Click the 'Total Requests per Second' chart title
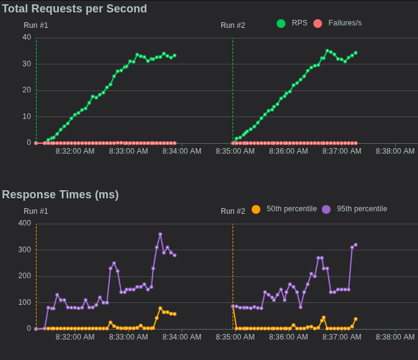[74, 9]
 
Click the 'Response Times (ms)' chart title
[60, 195]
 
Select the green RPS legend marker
[281, 24]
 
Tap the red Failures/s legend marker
[318, 24]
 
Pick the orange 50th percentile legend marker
[256, 209]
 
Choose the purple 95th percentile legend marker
[326, 209]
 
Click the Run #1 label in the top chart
[36, 25]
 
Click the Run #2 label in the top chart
[233, 25]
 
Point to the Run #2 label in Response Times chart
[233, 211]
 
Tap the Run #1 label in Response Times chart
[36, 211]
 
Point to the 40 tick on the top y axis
[27, 37]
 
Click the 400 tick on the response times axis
[25, 223]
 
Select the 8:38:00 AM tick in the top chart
[395, 151]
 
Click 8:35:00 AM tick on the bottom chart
[235, 337]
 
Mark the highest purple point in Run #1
[160, 234]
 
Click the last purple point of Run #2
[355, 245]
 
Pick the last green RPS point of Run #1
[174, 55]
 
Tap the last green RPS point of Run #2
[355, 53]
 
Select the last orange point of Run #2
[355, 319]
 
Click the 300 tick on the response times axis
[25, 250]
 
